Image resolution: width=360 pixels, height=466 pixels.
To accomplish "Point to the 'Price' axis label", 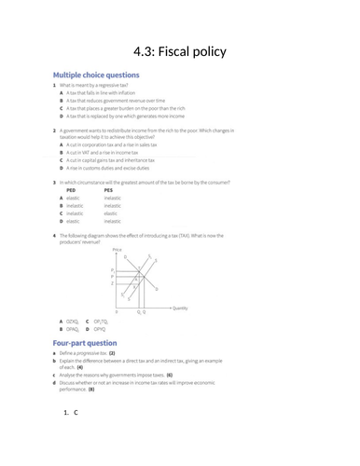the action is [x=117, y=250].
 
